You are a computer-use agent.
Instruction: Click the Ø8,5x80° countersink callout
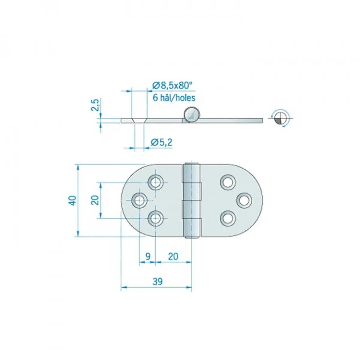coord(172,85)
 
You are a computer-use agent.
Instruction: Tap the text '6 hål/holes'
coord(174,98)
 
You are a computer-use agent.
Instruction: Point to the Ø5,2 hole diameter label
coord(161,142)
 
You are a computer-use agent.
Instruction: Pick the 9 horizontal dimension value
coord(148,256)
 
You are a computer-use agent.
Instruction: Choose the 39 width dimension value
coord(157,281)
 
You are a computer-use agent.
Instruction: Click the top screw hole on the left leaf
coord(155,182)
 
